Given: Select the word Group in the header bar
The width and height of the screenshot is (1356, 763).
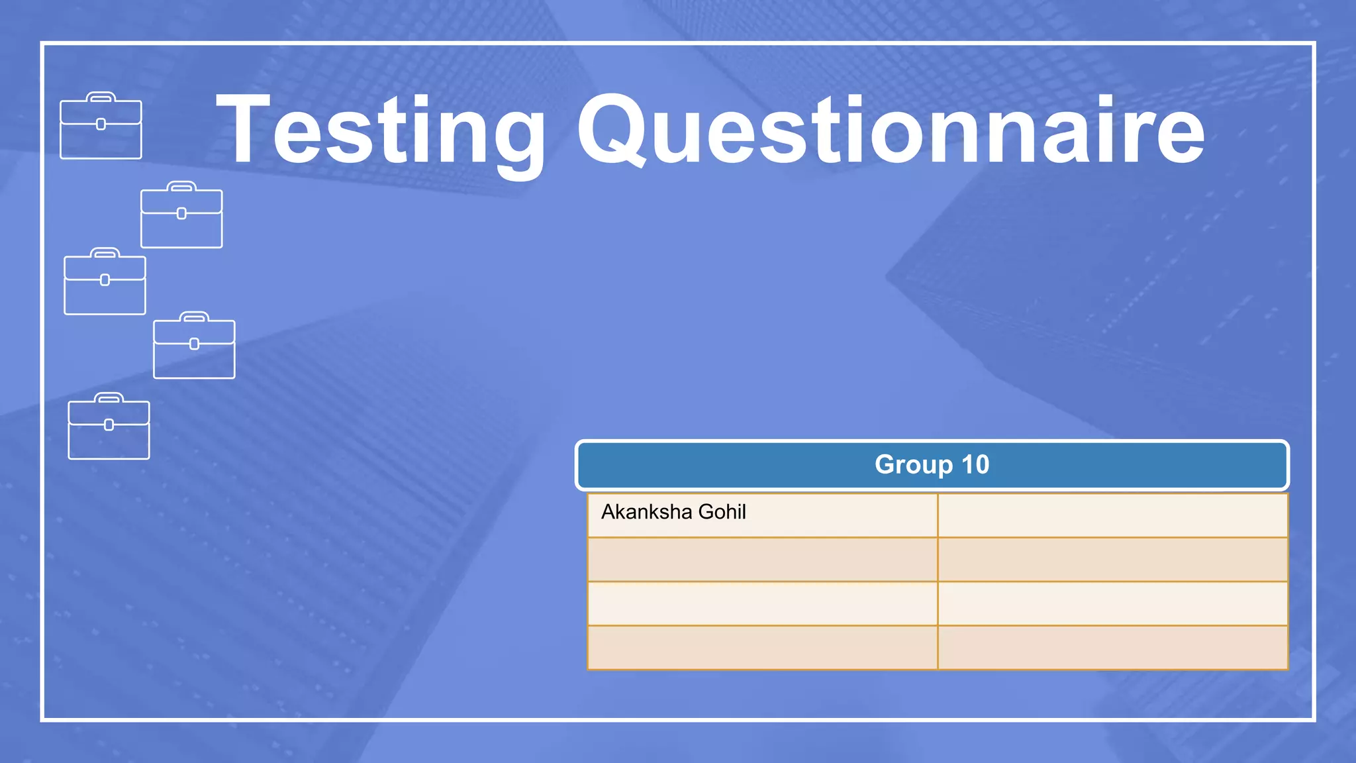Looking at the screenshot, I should point(913,465).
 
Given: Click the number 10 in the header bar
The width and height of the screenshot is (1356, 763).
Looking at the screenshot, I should point(975,465).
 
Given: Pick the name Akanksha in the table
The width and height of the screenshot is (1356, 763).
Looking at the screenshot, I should point(646,512).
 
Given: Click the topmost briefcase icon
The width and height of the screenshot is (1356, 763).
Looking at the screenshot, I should point(101,126).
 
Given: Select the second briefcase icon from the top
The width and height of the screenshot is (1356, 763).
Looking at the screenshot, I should point(181,215).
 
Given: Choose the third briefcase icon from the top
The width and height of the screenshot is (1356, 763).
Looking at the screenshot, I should point(105,281).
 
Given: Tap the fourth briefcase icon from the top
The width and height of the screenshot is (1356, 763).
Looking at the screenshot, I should point(194,346).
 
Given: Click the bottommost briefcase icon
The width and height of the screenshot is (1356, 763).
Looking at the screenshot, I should point(109,427).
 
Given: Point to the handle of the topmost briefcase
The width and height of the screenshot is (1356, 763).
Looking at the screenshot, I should point(101,97).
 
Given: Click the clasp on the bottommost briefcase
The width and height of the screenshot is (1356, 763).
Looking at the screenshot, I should point(109,425).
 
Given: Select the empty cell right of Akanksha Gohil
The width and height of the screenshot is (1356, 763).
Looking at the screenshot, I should point(1112,515).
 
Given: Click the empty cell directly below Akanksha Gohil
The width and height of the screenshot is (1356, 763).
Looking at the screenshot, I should point(762,560).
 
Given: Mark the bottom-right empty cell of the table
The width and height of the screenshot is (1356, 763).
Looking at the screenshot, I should point(1112,648).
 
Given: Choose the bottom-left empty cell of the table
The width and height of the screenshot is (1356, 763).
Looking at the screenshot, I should point(762,648).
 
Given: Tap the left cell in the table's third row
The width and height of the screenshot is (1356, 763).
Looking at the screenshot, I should point(762,603).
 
